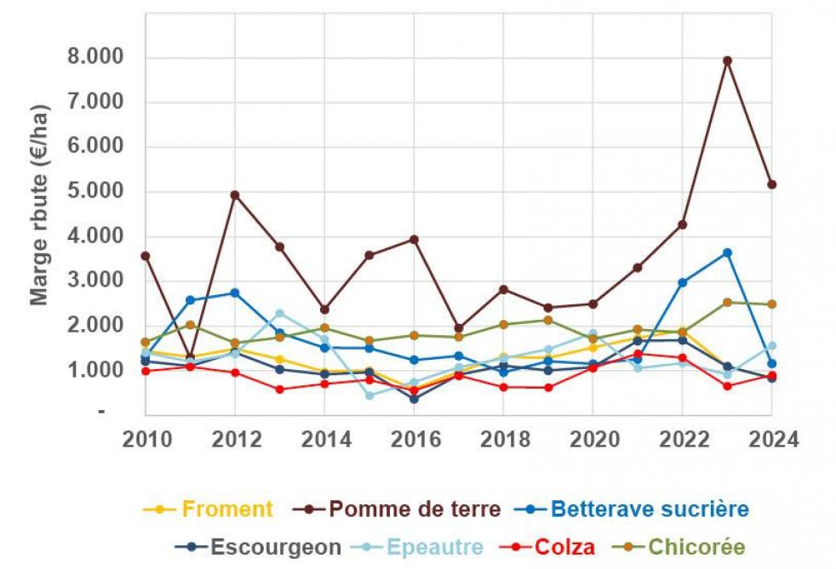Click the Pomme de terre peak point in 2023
click(727, 60)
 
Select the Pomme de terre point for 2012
click(235, 195)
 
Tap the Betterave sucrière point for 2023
click(727, 253)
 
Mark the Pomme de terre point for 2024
click(771, 185)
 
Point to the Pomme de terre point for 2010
click(146, 255)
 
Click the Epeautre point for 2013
click(279, 314)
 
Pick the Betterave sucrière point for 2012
click(235, 293)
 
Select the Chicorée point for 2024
click(771, 304)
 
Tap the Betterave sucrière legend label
click(650, 509)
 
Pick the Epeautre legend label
click(437, 547)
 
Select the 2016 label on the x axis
click(414, 440)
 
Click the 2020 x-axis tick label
click(593, 440)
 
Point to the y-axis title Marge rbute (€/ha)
click(40, 204)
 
